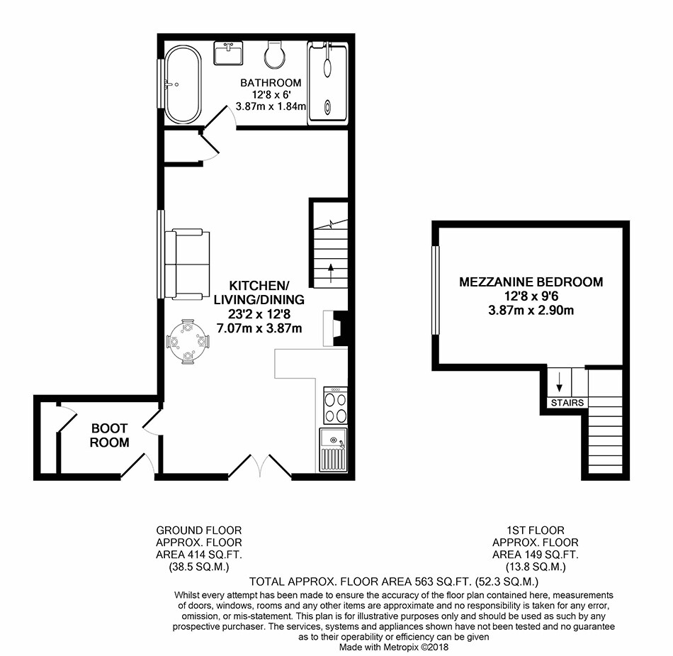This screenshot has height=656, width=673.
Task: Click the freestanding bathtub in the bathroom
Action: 183,84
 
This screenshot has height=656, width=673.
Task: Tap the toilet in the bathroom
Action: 275,55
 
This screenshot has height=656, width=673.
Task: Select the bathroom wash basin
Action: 228,53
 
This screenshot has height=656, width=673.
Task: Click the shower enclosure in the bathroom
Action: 327,83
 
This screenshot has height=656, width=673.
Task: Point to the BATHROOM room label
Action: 271,82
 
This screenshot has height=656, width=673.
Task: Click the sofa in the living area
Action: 188,265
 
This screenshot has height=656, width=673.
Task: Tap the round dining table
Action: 188,342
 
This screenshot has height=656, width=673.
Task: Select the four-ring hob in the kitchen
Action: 335,405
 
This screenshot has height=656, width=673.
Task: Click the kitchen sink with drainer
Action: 334,450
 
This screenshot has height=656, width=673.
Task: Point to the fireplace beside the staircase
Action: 335,328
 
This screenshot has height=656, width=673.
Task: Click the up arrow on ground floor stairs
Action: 331,273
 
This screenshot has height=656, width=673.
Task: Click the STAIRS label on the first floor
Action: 567,403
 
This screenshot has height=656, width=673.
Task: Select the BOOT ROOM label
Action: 109,435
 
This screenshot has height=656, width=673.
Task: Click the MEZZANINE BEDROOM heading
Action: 531,282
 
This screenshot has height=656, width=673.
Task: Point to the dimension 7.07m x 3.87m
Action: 259,328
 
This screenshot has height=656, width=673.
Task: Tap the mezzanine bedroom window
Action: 436,290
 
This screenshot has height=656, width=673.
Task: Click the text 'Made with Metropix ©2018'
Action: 394,647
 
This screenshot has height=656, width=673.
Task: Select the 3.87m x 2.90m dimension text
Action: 531,310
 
